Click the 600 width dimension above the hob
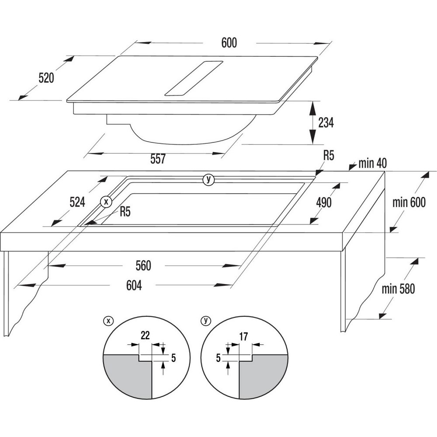229,43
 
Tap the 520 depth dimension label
46,78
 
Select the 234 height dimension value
326,123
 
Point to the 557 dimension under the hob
158,159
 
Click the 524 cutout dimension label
77,202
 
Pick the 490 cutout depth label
324,203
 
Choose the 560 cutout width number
143,266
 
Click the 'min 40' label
373,163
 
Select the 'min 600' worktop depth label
409,202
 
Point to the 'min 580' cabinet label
398,289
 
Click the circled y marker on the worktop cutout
208,179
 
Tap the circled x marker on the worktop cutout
106,201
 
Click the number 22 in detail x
145,336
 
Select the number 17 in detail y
243,337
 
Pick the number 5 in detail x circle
173,358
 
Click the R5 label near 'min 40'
329,156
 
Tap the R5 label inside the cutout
125,212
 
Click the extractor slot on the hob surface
194,78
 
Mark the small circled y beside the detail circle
206,321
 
